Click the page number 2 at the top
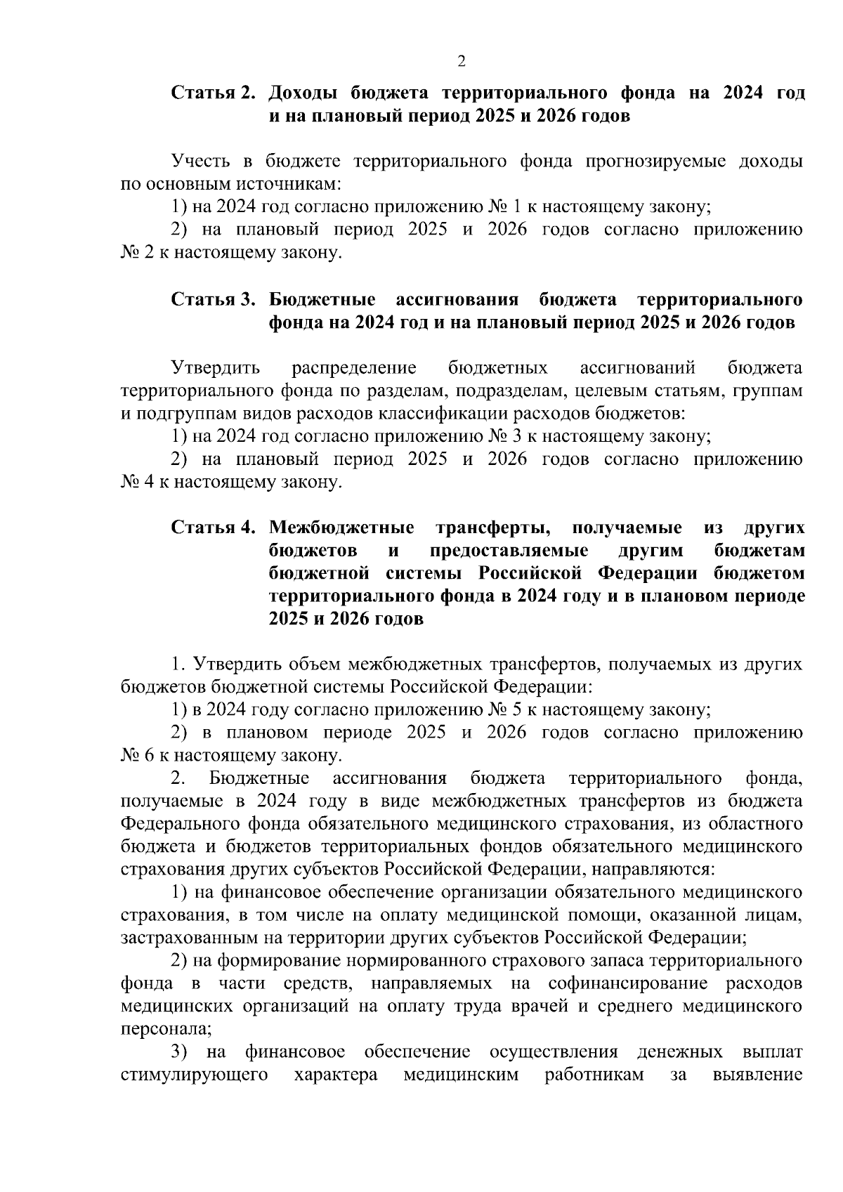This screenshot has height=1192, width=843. click(462, 62)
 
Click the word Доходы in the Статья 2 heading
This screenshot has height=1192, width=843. click(305, 93)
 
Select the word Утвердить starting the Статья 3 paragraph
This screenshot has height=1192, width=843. click(216, 368)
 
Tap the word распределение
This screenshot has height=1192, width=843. click(354, 368)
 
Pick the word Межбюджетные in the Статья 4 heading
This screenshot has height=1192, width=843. click(341, 528)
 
